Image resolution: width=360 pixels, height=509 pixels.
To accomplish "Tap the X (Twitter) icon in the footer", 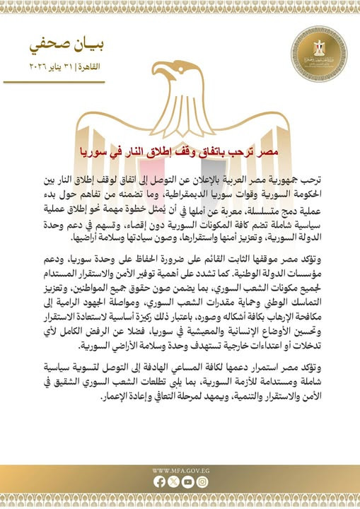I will (173, 482).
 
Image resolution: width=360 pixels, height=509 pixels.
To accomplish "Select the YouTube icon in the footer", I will (187, 482).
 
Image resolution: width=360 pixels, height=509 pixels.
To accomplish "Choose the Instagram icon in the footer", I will (202, 482).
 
